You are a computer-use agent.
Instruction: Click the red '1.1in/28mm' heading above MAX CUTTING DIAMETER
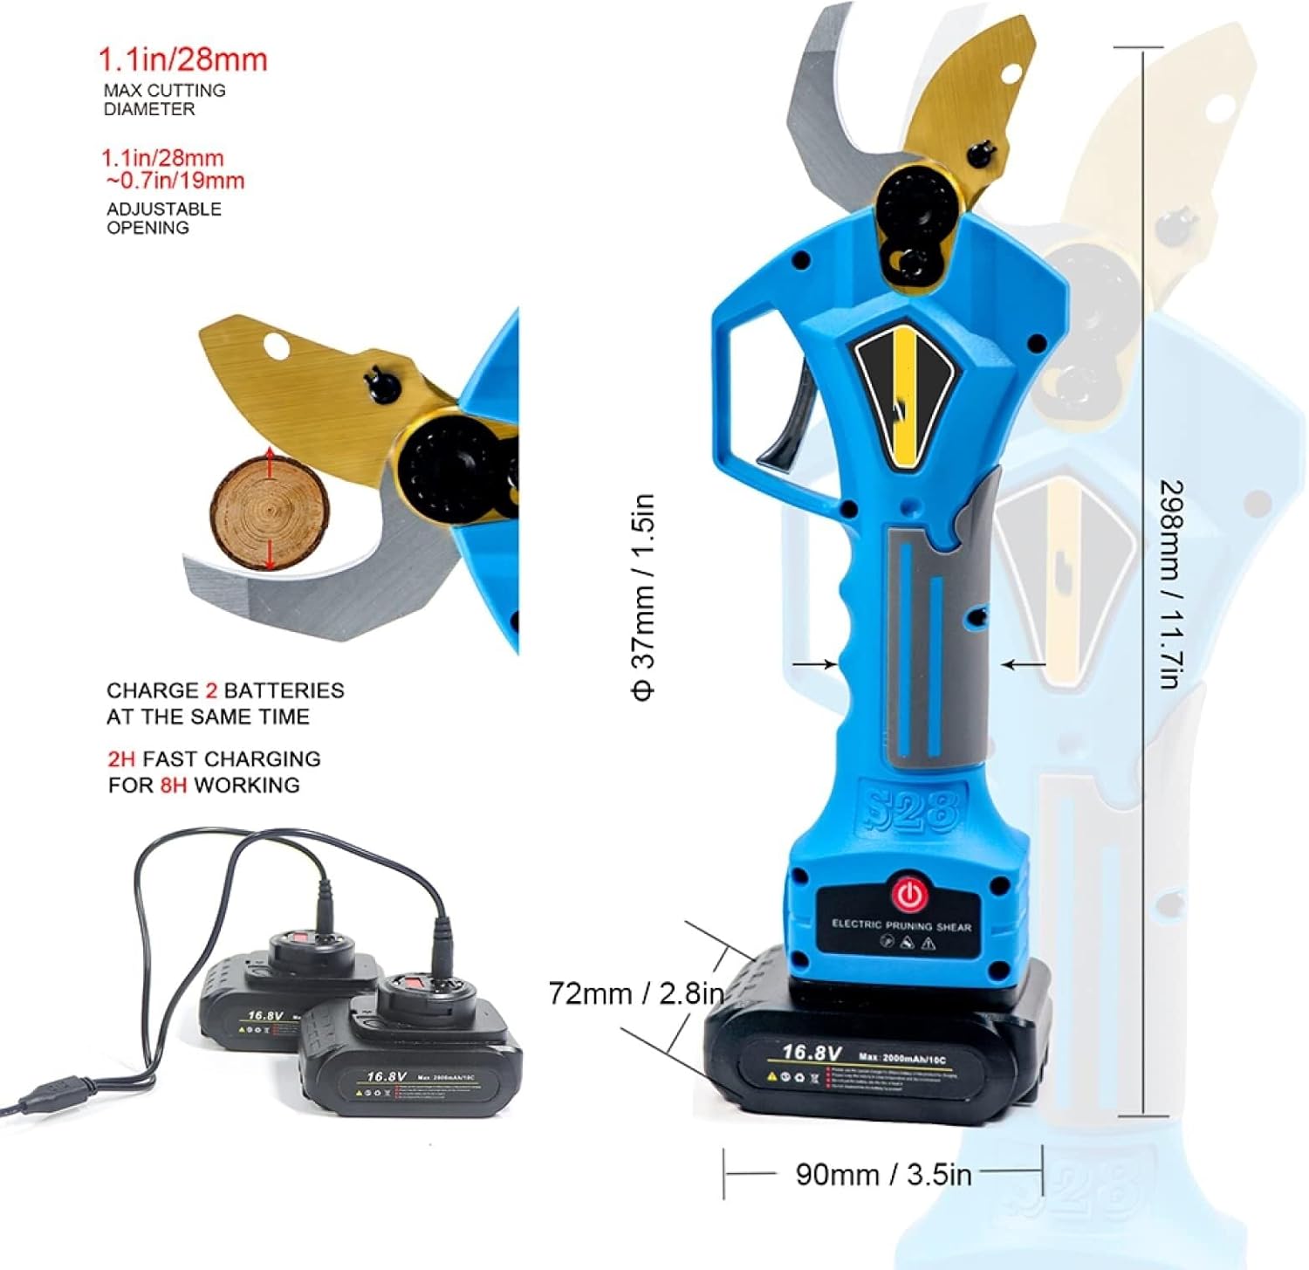[182, 60]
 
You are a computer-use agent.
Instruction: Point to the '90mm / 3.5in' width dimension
[883, 1174]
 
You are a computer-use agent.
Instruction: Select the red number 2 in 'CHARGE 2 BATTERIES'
[211, 690]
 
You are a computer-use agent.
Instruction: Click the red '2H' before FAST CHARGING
[121, 759]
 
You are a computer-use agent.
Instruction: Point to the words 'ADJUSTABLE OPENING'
[163, 218]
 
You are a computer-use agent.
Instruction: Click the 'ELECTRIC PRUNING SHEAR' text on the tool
[901, 925]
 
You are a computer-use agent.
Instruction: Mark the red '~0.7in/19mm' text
[175, 181]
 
